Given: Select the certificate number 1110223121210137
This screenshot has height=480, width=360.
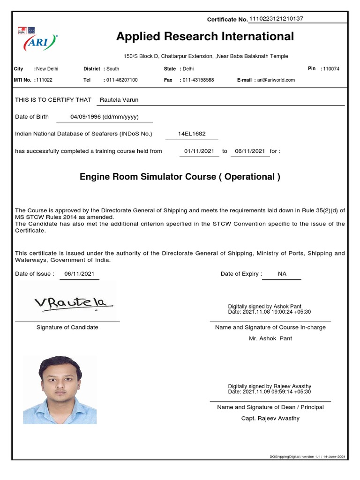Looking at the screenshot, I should pos(276,19).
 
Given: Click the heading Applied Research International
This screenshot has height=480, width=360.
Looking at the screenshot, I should pos(205,37).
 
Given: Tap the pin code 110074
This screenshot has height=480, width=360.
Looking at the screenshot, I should pos(331,69).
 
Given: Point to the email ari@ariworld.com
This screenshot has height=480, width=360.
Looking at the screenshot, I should pos(275,80).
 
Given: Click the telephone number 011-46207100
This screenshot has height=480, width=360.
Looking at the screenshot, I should pos(122,80).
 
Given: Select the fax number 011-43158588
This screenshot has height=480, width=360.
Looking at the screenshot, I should pos(198,80).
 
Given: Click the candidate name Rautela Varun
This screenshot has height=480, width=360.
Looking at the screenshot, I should pos(119,100).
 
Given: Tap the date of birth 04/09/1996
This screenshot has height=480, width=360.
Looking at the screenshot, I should pos(104,117).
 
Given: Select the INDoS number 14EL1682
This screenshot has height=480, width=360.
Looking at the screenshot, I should pos(192,134).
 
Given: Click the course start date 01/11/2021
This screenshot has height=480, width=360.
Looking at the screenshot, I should pos(199,151).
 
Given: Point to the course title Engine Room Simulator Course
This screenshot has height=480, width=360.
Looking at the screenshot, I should pos(180,177).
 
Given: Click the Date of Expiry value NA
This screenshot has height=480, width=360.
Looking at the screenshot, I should pos(282,274).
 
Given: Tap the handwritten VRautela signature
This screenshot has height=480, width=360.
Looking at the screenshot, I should pos(74,302).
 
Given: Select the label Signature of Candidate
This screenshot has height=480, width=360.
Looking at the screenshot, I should pos(67,327).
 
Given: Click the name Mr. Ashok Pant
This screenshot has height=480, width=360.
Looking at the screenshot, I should pos(270,338).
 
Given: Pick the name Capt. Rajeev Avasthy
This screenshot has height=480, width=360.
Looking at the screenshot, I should pos(270,418).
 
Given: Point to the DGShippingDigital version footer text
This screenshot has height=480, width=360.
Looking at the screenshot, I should pos(307,457).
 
